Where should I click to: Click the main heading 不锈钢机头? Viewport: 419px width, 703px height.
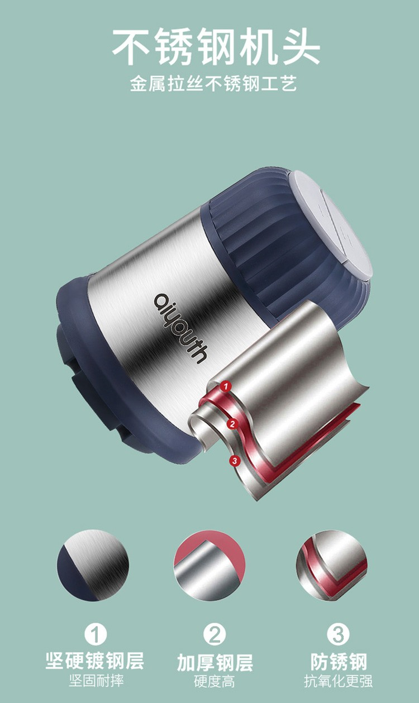point(216,46)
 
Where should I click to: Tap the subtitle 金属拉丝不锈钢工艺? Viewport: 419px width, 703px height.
point(213,84)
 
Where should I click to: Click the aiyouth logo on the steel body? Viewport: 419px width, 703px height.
point(181,328)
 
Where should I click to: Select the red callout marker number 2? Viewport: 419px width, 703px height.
point(232,424)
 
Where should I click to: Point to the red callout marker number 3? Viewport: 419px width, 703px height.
point(235,461)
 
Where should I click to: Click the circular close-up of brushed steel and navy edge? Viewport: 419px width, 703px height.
point(93,566)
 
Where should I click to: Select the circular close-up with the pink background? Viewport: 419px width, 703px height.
point(209,566)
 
